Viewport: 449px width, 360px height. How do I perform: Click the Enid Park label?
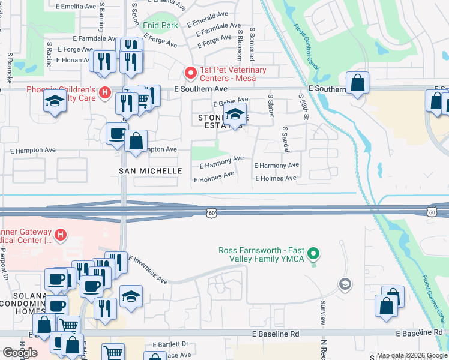point(160,26)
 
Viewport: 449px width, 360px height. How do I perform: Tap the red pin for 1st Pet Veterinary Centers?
point(191,74)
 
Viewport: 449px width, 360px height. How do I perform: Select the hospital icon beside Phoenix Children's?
point(104,93)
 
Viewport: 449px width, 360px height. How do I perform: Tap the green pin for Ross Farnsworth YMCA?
point(312,254)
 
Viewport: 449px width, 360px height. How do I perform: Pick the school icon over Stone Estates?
point(236,114)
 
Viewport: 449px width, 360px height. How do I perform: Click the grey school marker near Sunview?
point(345,283)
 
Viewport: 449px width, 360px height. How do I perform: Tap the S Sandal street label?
point(284,139)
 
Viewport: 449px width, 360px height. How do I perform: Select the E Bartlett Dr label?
point(170,345)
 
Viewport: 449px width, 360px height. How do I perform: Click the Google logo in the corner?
point(20,352)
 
